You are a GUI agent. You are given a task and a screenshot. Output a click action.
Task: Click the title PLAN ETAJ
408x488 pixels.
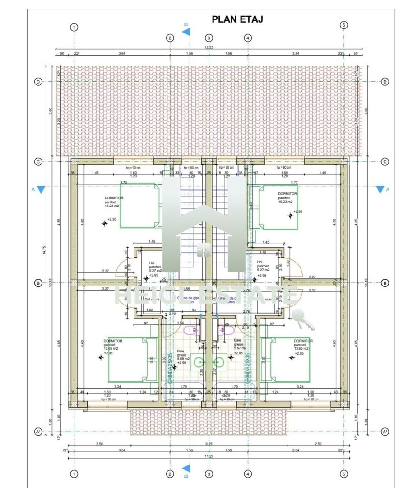pos(237,19)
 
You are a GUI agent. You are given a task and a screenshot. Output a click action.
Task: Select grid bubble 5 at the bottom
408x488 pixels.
pos(344,474)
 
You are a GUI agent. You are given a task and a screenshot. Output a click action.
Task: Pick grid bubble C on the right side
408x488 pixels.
pos(385,162)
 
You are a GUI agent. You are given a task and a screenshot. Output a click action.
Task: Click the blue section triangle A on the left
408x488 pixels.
pos(41,190)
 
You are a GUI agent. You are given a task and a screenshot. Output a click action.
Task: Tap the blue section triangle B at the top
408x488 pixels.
pos(186,32)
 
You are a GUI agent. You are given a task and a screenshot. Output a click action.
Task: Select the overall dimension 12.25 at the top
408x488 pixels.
pos(209,47)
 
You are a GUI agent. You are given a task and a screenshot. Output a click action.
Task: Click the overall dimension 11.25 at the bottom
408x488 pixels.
pos(209,456)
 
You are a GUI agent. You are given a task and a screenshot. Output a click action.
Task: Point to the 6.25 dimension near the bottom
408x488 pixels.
pos(209,444)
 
